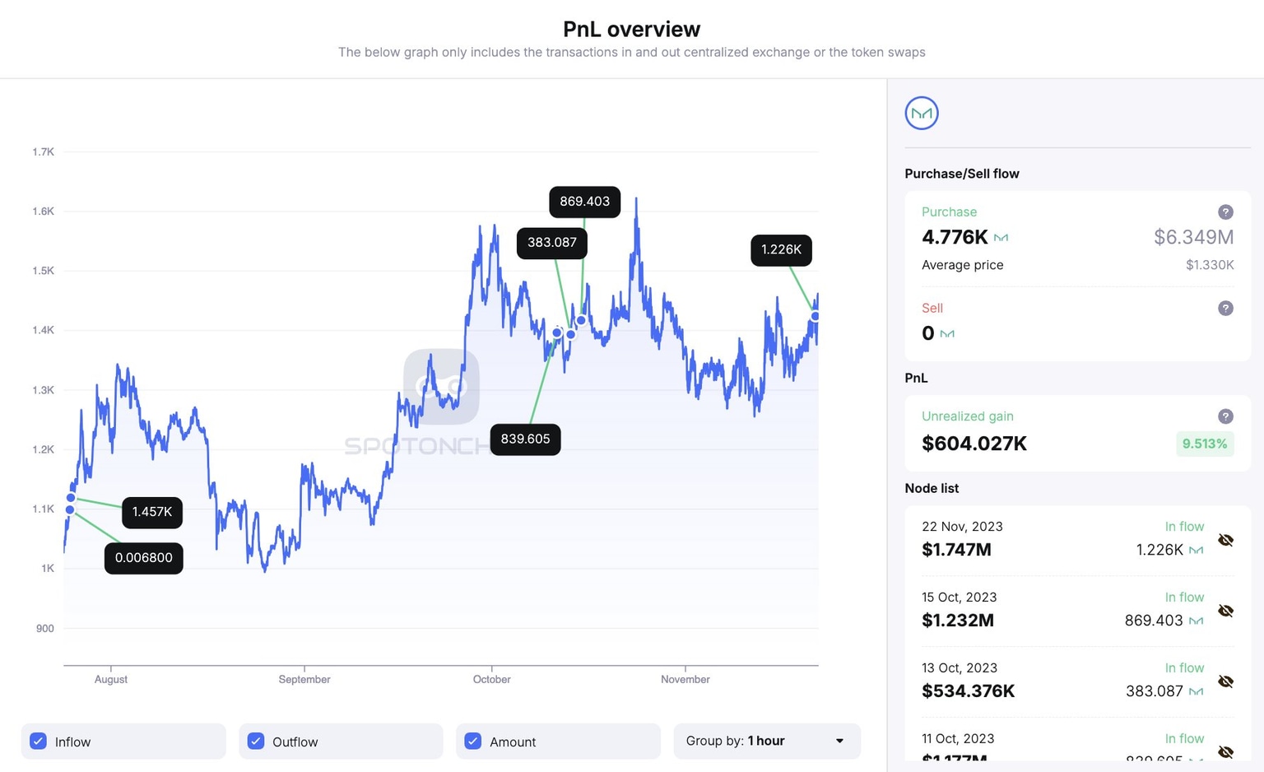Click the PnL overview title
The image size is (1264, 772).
pos(631,30)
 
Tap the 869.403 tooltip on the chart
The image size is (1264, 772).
pos(584,202)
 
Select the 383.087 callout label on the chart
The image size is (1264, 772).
pos(551,243)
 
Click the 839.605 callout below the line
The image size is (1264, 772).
pos(525,439)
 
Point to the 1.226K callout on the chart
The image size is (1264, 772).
pos(781,250)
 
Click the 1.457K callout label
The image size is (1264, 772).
pos(152,512)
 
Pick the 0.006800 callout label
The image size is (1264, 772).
pos(143,558)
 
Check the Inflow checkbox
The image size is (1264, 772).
pos(39,741)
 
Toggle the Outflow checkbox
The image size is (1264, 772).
pos(256,741)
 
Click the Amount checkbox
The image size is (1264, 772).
pos(473,741)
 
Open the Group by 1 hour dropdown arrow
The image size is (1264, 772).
pos(839,741)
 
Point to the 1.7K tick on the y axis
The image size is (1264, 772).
pos(43,152)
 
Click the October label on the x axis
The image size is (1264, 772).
pos(491,679)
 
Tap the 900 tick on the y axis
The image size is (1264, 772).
pos(44,629)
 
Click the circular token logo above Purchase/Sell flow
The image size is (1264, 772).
pos(922,114)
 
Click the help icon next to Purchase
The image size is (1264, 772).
pos(1225,212)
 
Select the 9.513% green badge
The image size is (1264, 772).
pos(1204,444)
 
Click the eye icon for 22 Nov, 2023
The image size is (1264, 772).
pos(1225,540)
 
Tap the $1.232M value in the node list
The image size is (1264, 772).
pos(958,621)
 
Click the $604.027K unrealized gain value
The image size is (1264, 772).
pos(974,444)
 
